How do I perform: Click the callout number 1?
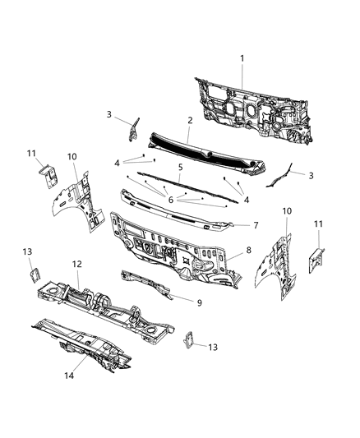(x=242, y=58)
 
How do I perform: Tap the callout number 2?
(x=190, y=120)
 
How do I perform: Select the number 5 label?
(x=179, y=167)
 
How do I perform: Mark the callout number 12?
(x=77, y=265)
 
